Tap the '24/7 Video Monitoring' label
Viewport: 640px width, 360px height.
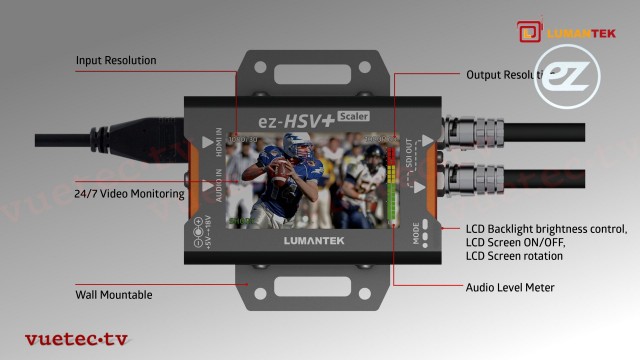129,193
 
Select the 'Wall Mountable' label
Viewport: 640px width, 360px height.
113,295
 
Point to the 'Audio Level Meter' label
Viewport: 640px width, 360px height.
510,288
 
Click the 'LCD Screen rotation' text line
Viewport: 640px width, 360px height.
514,257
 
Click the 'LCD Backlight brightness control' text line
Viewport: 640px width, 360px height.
546,229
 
